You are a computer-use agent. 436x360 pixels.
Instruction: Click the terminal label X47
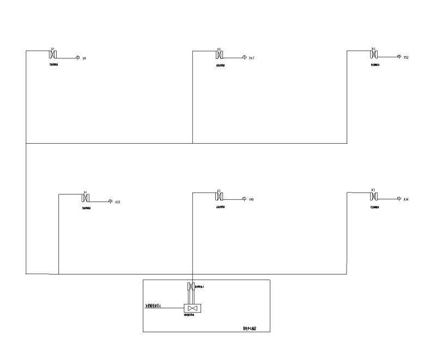point(251,57)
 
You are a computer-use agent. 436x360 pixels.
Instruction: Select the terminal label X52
point(406,57)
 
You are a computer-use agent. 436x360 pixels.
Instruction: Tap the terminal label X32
point(117,202)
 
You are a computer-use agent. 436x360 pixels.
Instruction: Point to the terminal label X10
point(251,200)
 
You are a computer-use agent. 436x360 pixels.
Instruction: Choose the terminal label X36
point(406,200)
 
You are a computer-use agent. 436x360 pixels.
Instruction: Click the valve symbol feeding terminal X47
point(219,56)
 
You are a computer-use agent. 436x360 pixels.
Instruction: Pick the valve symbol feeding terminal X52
point(373,55)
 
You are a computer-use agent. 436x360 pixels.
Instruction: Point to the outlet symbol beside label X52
point(399,56)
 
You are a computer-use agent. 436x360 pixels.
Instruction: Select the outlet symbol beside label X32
point(110,202)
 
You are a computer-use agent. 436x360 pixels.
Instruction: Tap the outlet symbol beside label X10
point(244,199)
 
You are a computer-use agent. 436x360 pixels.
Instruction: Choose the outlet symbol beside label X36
point(399,199)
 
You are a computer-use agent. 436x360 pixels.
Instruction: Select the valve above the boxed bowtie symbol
point(191,286)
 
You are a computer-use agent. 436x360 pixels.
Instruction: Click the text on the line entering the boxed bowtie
point(157,306)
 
